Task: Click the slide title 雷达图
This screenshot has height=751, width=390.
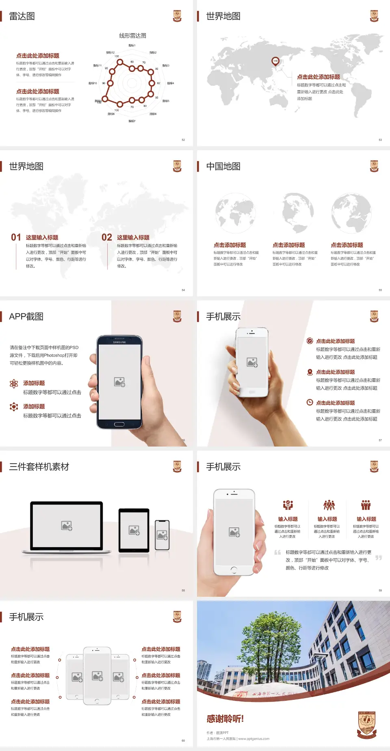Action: coord(22,16)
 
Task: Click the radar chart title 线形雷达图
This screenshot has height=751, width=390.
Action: coord(132,36)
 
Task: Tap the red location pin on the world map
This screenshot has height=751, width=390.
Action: coord(275,61)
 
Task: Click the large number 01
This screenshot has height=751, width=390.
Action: coord(16,237)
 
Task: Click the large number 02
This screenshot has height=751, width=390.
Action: coord(107,237)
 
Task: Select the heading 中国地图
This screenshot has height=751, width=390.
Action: coord(223,166)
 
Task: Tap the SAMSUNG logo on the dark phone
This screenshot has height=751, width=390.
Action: coord(119,342)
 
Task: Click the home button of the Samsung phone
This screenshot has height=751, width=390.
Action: coord(119,424)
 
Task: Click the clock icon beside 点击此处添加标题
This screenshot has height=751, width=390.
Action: coord(310,402)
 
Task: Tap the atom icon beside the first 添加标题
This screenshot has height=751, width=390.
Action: coord(14,384)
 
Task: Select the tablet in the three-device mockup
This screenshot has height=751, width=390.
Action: coord(134,530)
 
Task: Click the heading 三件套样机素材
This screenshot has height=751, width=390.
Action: coord(39,467)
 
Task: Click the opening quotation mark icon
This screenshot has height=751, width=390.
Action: coord(277,552)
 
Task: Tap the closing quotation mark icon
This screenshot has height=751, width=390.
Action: coord(379,558)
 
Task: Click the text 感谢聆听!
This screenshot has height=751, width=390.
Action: coord(225,719)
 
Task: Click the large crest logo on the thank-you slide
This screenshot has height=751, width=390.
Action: coord(367,725)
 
